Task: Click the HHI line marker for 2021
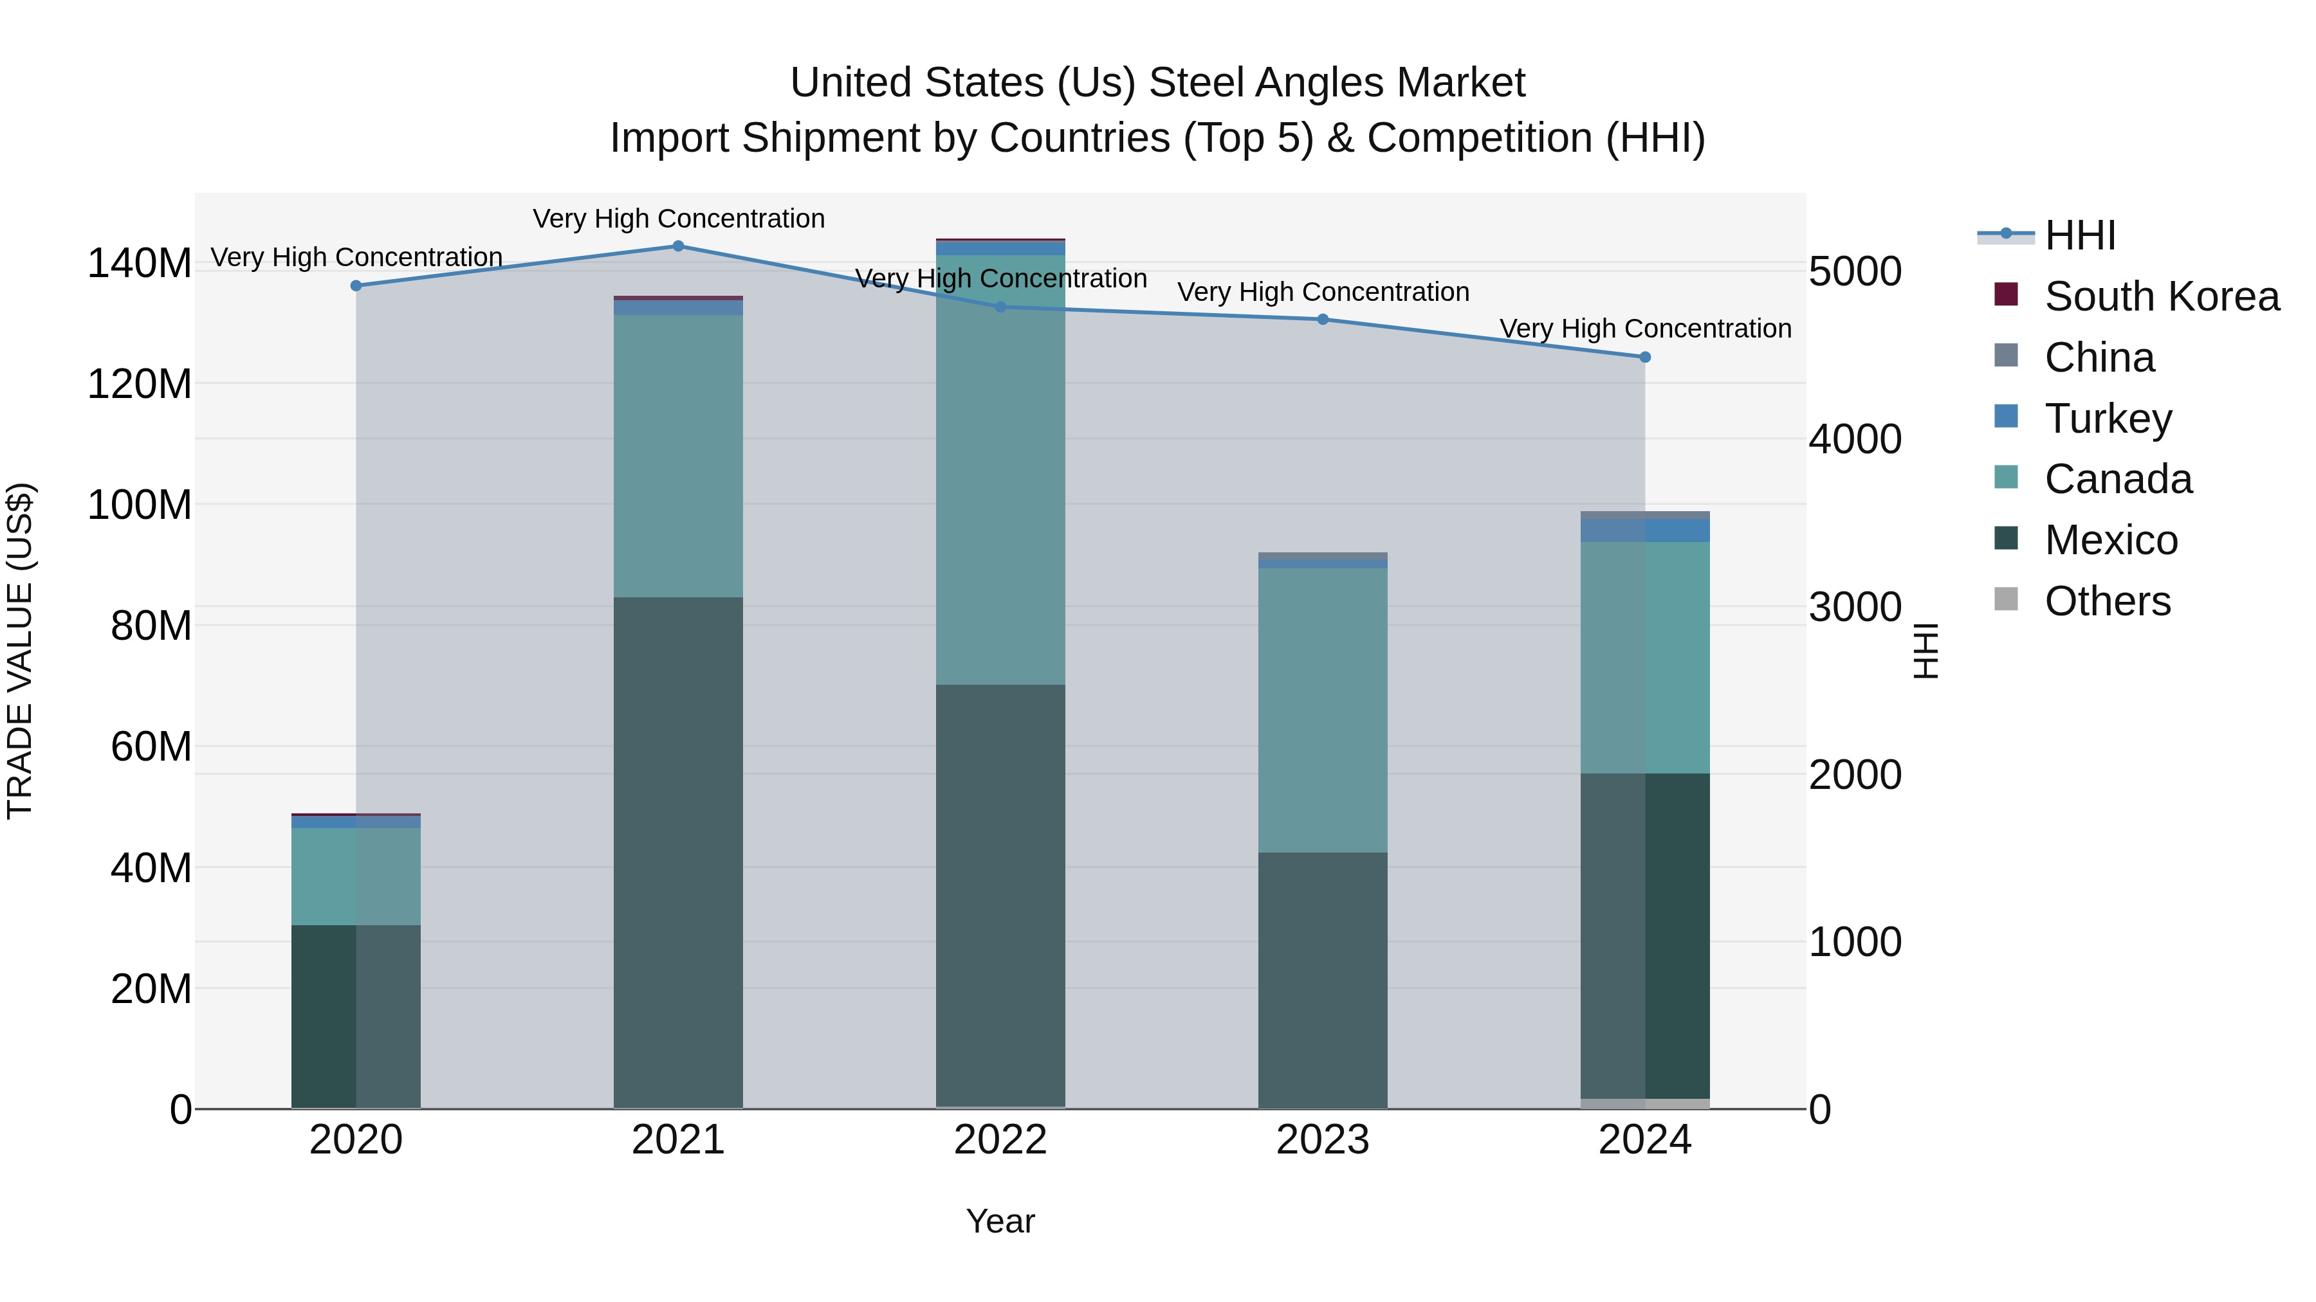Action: [x=678, y=246]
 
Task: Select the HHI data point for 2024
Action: [x=1644, y=357]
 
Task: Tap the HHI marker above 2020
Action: [x=356, y=285]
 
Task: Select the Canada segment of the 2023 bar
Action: [x=1323, y=710]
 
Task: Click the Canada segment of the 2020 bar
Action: [x=356, y=876]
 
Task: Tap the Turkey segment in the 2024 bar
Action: [x=1644, y=530]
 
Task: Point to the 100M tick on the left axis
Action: [x=140, y=505]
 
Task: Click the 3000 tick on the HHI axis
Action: [x=1854, y=608]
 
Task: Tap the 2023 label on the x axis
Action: [x=1323, y=1140]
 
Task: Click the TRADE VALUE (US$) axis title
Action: [x=21, y=651]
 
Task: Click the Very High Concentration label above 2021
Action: [x=678, y=219]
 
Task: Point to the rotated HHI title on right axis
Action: [x=1925, y=651]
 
